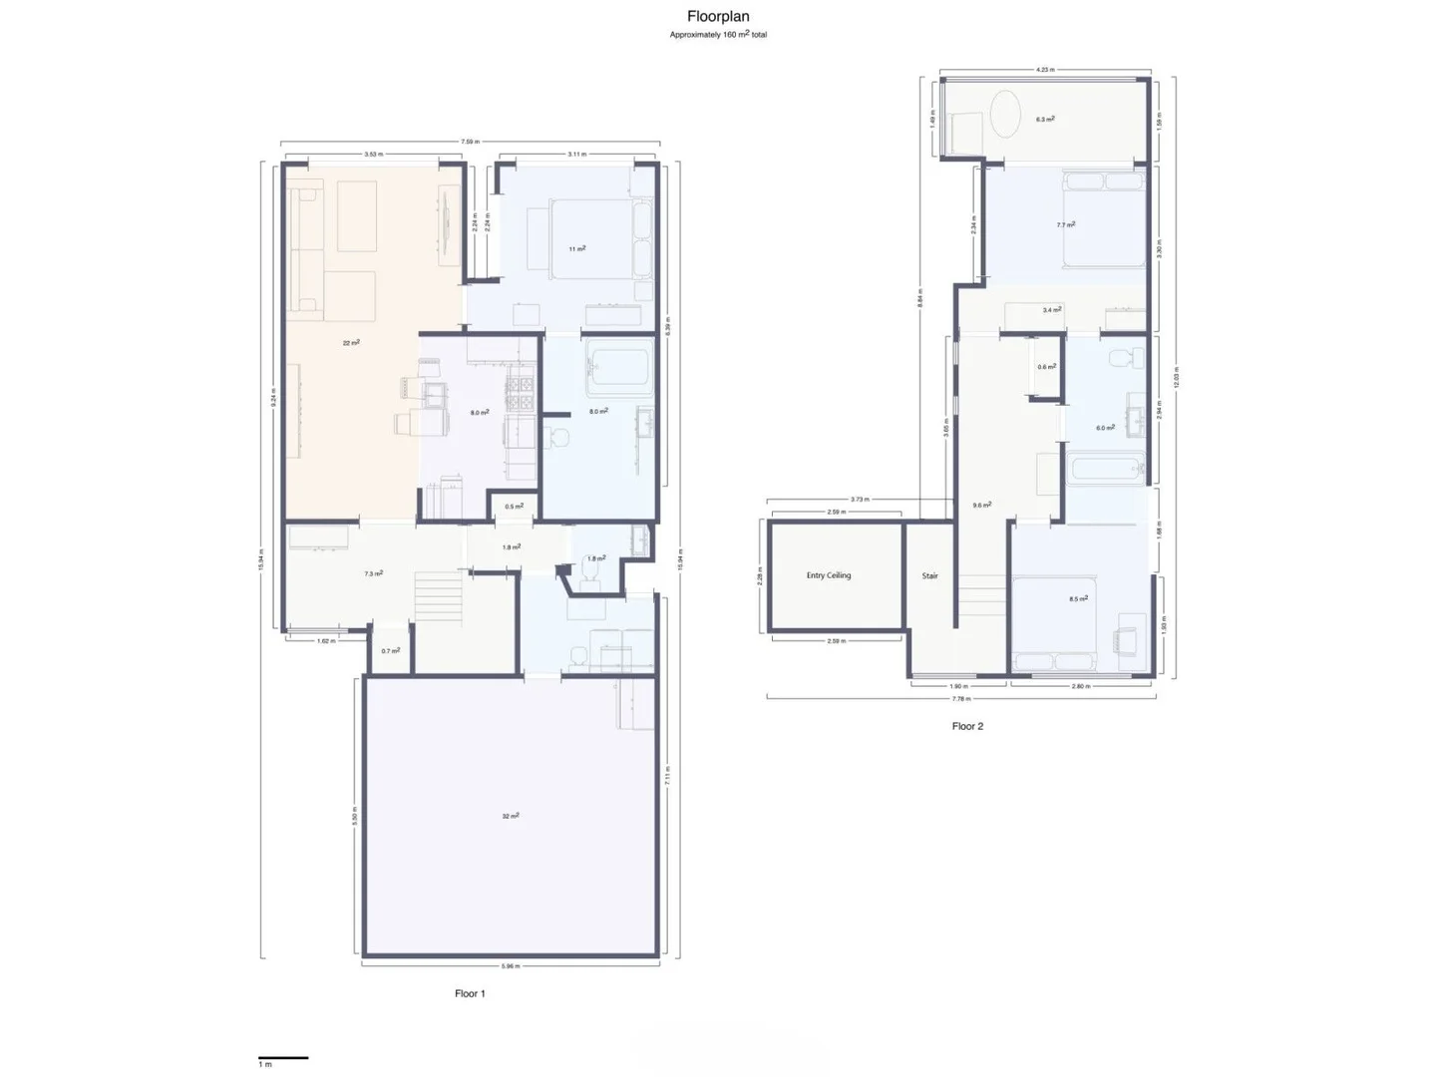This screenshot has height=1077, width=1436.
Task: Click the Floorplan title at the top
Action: coord(718,16)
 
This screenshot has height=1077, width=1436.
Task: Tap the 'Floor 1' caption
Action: coord(470,993)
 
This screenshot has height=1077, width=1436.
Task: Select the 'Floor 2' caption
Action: coord(967,726)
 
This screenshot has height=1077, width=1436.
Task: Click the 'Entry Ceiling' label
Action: coord(829,575)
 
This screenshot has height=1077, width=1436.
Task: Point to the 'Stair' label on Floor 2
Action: coord(929,575)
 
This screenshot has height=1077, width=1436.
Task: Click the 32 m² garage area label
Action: coord(511,816)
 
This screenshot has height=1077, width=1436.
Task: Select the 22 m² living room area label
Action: coord(351,342)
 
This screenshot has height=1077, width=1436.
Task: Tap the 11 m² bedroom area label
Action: coord(577,248)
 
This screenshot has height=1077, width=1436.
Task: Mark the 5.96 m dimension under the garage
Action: coord(511,965)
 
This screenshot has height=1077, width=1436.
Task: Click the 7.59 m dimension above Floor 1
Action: coord(468,143)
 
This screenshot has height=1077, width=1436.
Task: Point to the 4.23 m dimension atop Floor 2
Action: coord(1044,70)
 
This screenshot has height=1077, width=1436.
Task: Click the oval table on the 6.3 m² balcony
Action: coord(1004,116)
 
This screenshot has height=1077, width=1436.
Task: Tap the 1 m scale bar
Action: coord(283,1058)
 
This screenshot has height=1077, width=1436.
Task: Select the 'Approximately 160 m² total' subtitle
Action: coord(718,35)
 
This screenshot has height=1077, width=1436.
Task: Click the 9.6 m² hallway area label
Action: coord(982,505)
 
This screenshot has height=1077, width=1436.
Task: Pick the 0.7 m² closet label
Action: coord(391,651)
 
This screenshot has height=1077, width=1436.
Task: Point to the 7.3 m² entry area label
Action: coord(374,573)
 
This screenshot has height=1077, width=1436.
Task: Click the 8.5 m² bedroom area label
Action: coord(1078,599)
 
